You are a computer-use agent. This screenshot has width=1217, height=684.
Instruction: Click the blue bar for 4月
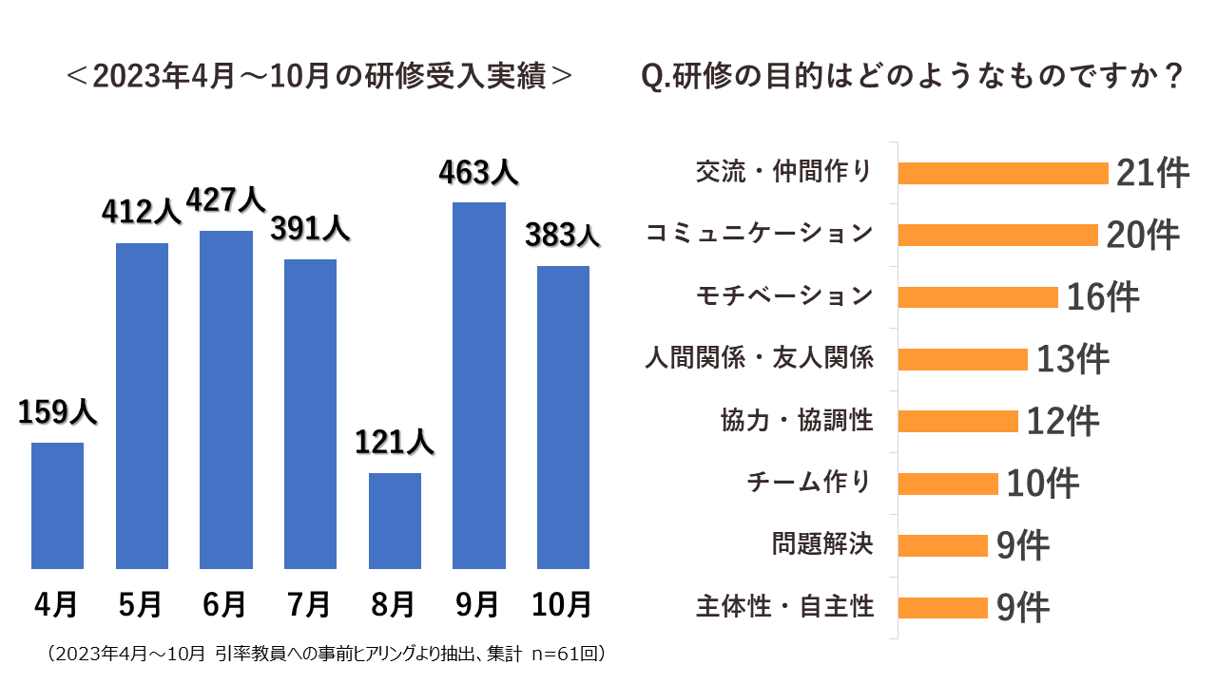tap(57, 505)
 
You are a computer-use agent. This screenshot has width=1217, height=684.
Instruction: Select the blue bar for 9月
tap(478, 386)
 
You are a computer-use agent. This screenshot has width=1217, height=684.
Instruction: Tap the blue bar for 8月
tap(395, 521)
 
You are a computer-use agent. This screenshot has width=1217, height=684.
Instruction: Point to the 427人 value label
tap(225, 200)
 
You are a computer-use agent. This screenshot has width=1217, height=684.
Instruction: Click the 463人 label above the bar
tap(478, 172)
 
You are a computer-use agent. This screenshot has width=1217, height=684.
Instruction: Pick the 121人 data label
tap(395, 442)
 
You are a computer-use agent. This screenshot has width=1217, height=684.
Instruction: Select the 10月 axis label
tap(563, 603)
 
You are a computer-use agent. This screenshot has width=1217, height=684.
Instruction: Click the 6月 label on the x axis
tap(225, 603)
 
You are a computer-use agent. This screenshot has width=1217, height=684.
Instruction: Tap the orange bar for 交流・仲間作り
tap(1003, 173)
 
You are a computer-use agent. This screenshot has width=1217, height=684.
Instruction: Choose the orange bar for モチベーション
tap(977, 297)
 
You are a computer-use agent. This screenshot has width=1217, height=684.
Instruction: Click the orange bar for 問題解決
tap(942, 545)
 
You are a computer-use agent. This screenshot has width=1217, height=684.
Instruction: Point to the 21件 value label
tap(1152, 173)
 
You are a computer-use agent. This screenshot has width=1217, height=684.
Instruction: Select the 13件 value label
tap(1072, 359)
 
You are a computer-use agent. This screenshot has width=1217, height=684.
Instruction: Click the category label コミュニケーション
tap(759, 234)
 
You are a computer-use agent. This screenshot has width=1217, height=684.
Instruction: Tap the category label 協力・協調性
tap(797, 420)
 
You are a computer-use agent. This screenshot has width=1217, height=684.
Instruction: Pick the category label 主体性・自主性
tap(784, 606)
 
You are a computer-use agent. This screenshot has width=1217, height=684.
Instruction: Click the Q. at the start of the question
tap(657, 77)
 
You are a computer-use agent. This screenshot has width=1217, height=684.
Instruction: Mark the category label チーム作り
tap(809, 483)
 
